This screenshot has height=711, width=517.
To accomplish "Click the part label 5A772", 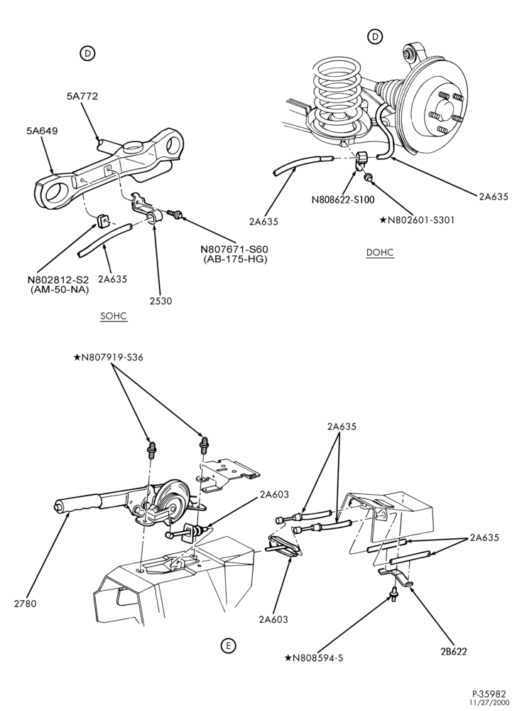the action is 82,96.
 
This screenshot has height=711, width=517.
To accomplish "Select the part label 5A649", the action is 42,131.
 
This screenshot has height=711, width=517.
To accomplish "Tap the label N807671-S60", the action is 234,249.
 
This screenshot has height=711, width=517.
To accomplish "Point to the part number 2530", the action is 160,300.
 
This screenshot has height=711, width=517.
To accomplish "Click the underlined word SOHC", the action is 114,316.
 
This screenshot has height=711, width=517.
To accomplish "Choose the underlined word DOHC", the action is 380,252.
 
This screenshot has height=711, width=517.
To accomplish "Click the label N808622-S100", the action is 343,199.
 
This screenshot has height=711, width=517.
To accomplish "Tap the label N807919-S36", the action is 108,358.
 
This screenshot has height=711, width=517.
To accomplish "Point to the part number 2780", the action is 25,604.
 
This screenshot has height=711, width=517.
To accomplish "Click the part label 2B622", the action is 453,651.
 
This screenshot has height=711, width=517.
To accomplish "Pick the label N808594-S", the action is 314,658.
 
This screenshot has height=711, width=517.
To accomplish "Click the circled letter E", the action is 228,646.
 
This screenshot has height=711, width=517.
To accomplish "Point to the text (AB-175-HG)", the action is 234,259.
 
